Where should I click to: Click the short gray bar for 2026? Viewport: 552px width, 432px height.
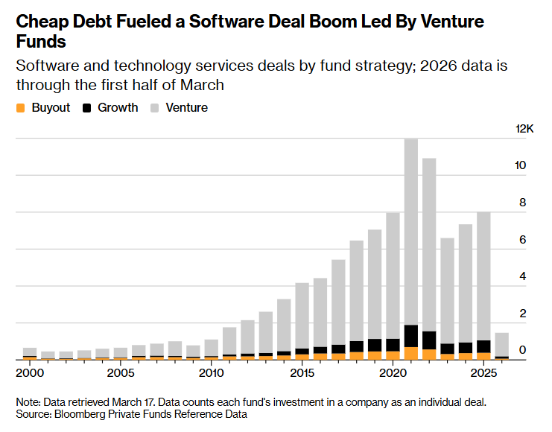coord(501,344)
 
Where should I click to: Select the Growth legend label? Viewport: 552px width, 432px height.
coord(118,107)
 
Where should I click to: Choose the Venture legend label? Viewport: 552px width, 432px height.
coord(186,107)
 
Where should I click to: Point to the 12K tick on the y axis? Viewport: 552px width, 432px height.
coord(524,129)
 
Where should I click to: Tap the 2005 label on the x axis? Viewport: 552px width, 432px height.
coord(121,372)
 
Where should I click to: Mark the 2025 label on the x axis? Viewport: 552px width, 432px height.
coord(483,372)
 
